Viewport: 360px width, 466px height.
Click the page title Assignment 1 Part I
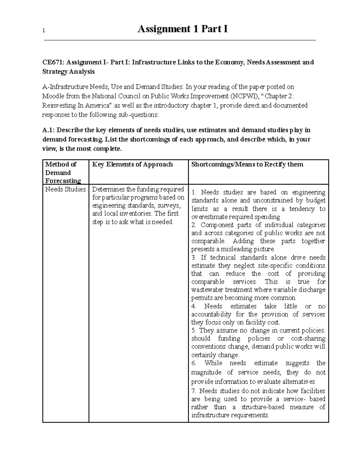pyautogui.click(x=182, y=29)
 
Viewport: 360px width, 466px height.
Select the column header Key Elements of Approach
pyautogui.click(x=132, y=164)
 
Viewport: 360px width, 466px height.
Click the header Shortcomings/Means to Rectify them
pyautogui.click(x=247, y=164)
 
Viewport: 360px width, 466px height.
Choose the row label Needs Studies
pyautogui.click(x=65, y=189)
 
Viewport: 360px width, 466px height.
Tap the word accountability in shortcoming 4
pyautogui.click(x=211, y=314)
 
